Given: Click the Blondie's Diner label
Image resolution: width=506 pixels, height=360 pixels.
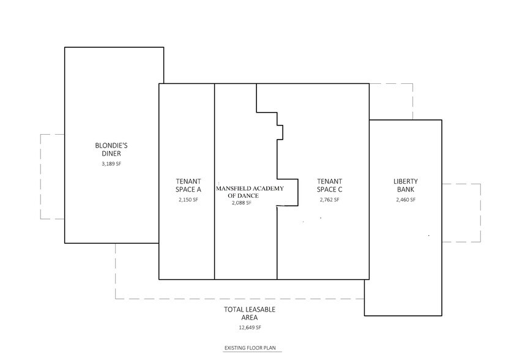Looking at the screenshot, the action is (x=111, y=149).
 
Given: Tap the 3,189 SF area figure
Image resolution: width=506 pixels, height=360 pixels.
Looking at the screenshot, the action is (x=111, y=163).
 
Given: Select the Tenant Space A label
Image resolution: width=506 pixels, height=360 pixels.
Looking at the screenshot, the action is (x=188, y=186).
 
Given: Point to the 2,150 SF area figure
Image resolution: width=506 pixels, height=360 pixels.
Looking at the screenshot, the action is (x=188, y=200).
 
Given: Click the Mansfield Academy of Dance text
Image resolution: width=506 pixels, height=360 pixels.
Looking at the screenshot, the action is (x=250, y=192).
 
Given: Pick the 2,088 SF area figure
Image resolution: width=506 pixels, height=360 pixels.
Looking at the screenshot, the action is (x=242, y=203).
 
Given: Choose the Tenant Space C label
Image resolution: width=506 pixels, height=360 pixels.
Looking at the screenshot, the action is (x=329, y=186).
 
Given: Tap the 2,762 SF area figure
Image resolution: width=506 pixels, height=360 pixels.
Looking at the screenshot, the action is (x=329, y=200).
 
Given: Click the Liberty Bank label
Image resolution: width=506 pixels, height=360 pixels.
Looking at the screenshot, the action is (x=406, y=186).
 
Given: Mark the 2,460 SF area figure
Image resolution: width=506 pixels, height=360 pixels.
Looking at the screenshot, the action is (x=406, y=200).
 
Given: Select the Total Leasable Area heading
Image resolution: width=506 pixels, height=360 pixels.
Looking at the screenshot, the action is (x=250, y=313).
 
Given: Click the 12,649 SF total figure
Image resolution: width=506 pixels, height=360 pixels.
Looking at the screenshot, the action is (x=250, y=328).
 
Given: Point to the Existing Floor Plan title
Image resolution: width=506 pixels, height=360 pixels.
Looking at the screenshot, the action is (x=250, y=348).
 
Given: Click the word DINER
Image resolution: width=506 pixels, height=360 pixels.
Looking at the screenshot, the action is (x=111, y=154).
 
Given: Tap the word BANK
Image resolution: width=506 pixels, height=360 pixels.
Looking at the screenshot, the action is (x=406, y=190).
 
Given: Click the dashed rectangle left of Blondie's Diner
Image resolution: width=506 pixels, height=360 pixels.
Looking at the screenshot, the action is (x=40, y=176).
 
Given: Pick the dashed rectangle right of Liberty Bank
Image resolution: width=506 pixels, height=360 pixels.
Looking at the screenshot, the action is (x=480, y=213).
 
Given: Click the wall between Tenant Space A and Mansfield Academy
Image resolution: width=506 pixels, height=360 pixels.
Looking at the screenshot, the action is (x=214, y=181).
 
